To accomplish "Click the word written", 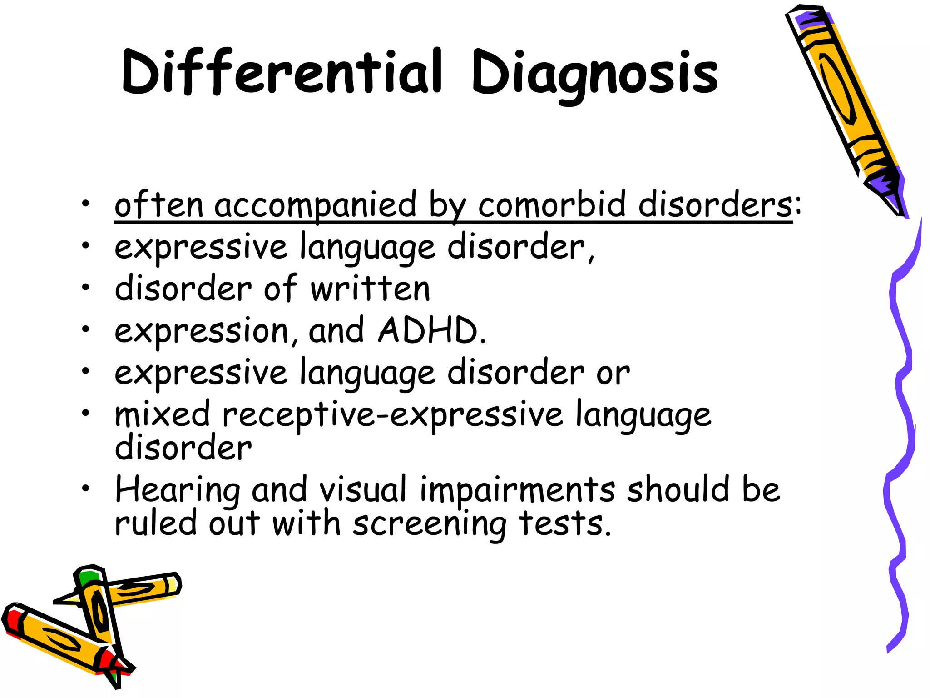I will coord(370,289).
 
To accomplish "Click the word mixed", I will coord(163,414).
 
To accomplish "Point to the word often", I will coord(159,204).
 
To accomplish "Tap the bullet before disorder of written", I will coord(85,287).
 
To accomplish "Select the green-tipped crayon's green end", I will coord(87,578).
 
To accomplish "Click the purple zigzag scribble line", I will coord(901,409).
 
